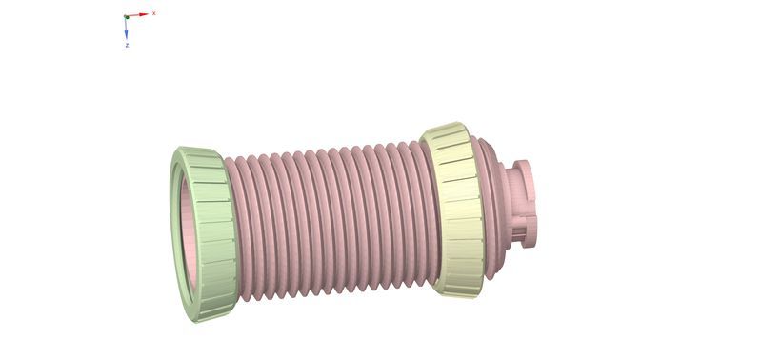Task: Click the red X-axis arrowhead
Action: pyautogui.click(x=144, y=14)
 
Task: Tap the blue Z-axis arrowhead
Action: pyautogui.click(x=127, y=35)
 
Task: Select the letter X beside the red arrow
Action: pyautogui.click(x=154, y=13)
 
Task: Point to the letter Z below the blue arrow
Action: pyautogui.click(x=127, y=45)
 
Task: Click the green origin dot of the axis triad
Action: pyautogui.click(x=127, y=17)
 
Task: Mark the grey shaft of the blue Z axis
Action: pyautogui.click(x=126, y=25)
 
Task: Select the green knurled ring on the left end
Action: pyautogui.click(x=204, y=234)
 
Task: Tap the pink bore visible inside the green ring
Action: pyautogui.click(x=189, y=233)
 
